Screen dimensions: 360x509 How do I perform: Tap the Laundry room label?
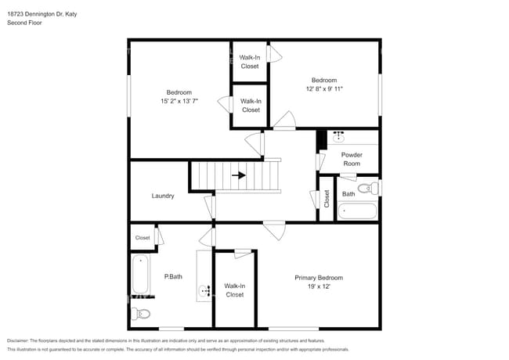click(x=163, y=196)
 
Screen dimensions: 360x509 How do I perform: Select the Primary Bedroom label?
click(x=318, y=278)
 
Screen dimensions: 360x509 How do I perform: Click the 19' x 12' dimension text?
click(x=318, y=287)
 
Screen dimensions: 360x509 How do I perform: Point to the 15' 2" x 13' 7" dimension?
click(x=179, y=101)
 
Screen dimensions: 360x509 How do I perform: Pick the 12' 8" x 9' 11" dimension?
click(x=323, y=89)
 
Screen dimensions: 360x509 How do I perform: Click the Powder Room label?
click(x=352, y=159)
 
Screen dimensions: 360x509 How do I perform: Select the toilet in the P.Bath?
click(x=141, y=314)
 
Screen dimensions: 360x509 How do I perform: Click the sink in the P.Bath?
click(x=206, y=291)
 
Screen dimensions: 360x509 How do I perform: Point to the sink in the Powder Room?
click(x=338, y=135)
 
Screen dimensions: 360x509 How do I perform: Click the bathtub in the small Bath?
click(x=357, y=211)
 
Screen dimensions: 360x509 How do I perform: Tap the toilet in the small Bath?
click(x=366, y=189)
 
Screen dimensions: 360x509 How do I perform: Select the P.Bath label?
click(x=173, y=276)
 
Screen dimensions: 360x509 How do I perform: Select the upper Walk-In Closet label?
click(x=250, y=62)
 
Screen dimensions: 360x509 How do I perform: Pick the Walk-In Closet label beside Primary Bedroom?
click(x=234, y=290)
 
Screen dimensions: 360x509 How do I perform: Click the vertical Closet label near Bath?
click(x=327, y=200)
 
